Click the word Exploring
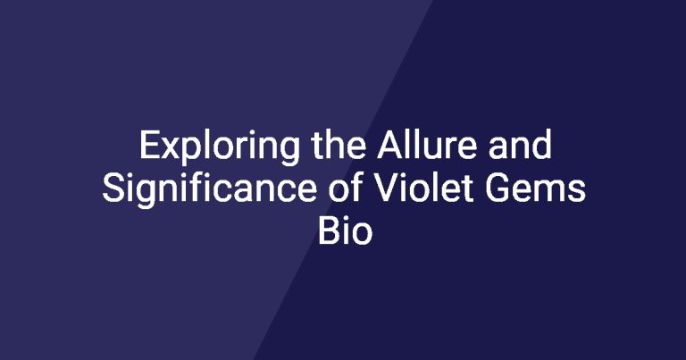[x=220, y=147]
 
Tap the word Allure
[x=426, y=146]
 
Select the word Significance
[x=209, y=190]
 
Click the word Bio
[x=345, y=231]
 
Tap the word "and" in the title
[x=520, y=146]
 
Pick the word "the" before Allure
[x=339, y=146]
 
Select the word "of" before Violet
[x=346, y=188]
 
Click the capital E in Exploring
[x=149, y=146]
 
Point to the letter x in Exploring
[x=170, y=148]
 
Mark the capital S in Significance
[x=113, y=188]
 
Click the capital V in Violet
[x=388, y=188]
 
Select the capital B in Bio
[x=328, y=231]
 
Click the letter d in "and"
[x=541, y=146]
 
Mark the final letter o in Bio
[x=363, y=235]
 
